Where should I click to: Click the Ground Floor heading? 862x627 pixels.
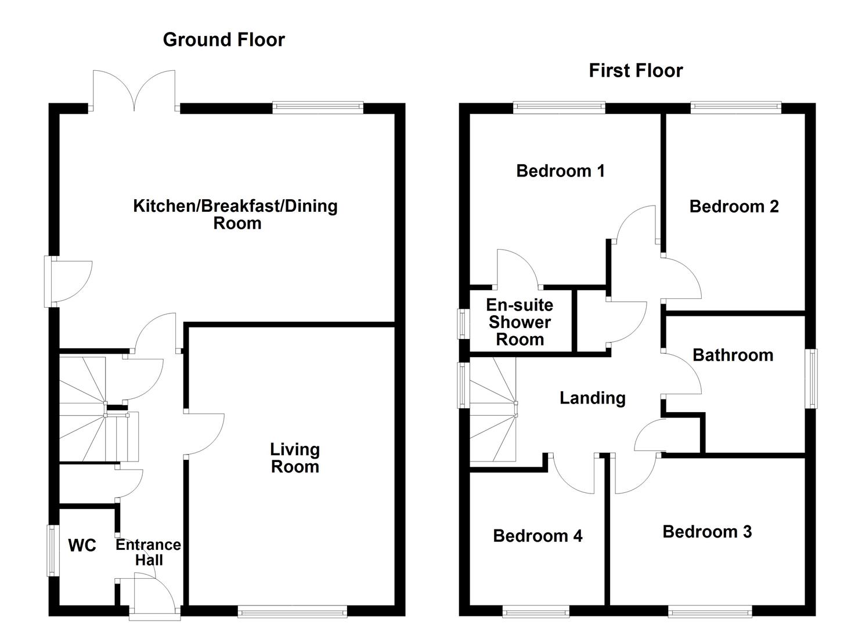pyautogui.click(x=223, y=39)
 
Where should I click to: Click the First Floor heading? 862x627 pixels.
pyautogui.click(x=636, y=70)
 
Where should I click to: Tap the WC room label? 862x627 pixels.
pyautogui.click(x=82, y=545)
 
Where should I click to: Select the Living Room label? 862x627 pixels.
pyautogui.click(x=295, y=457)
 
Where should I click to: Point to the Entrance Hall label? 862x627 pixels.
pyautogui.click(x=148, y=552)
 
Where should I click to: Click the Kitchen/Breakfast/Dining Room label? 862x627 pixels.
pyautogui.click(x=236, y=214)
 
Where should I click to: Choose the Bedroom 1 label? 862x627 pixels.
pyautogui.click(x=560, y=171)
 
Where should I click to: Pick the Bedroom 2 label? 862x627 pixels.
pyautogui.click(x=734, y=206)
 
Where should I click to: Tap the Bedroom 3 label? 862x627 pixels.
pyautogui.click(x=707, y=531)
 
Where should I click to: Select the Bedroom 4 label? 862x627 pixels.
pyautogui.click(x=538, y=535)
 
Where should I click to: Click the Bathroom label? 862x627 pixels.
pyautogui.click(x=733, y=355)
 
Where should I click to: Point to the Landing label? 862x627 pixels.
pyautogui.click(x=592, y=398)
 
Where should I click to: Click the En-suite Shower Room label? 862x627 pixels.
pyautogui.click(x=520, y=322)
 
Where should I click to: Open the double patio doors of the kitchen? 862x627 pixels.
pyautogui.click(x=134, y=93)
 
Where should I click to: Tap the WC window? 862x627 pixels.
pyautogui.click(x=52, y=550)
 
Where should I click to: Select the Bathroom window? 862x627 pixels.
pyautogui.click(x=811, y=379)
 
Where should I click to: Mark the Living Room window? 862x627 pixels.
pyautogui.click(x=293, y=610)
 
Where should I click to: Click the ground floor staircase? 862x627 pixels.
pyautogui.click(x=93, y=409)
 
